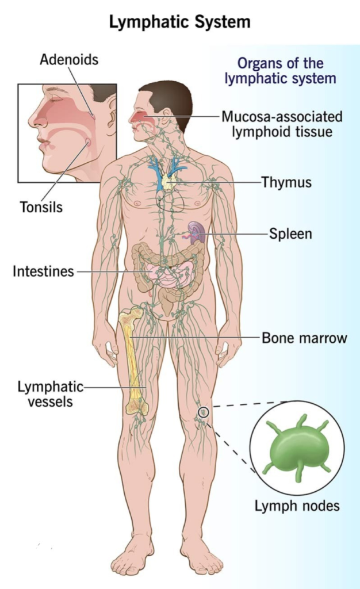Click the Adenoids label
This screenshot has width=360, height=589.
pyautogui.click(x=69, y=59)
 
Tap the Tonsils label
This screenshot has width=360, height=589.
pyautogui.click(x=41, y=207)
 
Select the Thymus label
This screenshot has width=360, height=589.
pyautogui.click(x=286, y=182)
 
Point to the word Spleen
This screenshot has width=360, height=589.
pyautogui.click(x=290, y=234)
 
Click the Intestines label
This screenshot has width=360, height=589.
pyautogui.click(x=43, y=271)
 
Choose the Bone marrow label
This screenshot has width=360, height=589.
pyautogui.click(x=304, y=338)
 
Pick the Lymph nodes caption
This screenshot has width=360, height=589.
pyautogui.click(x=297, y=506)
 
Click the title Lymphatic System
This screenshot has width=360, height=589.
pyautogui.click(x=180, y=22)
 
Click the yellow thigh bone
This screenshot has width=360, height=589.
pyautogui.click(x=133, y=361)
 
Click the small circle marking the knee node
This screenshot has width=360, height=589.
pyautogui.click(x=203, y=412)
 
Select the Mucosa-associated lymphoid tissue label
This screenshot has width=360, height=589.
pyautogui.click(x=282, y=124)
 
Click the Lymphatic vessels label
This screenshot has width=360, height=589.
pyautogui.click(x=50, y=394)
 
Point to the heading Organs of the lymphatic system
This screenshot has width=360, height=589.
pyautogui.click(x=281, y=71)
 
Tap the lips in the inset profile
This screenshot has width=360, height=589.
pyautogui.click(x=44, y=143)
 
